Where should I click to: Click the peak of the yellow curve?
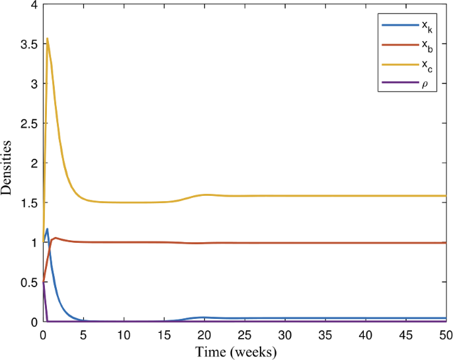point(47,38)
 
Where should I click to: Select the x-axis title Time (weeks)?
point(235,351)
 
